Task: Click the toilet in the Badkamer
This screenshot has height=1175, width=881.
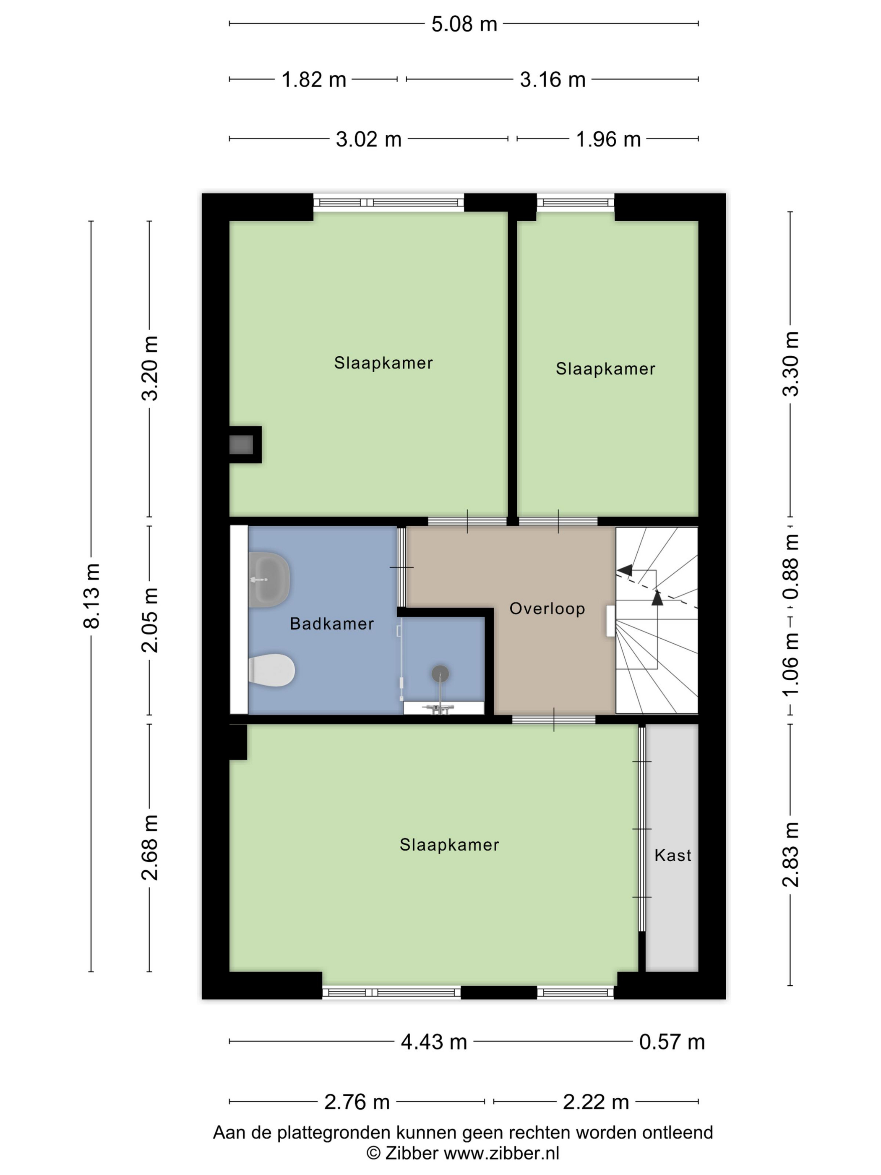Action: [272, 670]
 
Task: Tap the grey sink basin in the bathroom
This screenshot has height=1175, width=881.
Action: [270, 580]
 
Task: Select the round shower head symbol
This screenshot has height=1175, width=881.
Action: [440, 674]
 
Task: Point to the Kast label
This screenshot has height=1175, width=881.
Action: [673, 855]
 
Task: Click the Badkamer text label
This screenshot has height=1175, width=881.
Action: [332, 624]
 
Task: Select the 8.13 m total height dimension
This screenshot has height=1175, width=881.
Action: [91, 595]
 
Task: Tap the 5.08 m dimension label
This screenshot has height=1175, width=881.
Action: [464, 24]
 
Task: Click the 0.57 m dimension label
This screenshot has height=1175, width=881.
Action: [672, 1042]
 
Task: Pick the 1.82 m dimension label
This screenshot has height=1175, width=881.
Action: [314, 80]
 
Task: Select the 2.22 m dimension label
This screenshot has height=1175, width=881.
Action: [596, 1102]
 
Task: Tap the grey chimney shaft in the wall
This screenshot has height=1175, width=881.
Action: [241, 444]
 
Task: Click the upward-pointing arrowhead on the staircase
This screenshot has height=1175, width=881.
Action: [657, 598]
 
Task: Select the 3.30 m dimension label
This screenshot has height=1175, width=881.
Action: [791, 364]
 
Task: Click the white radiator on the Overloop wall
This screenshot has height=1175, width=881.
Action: [611, 621]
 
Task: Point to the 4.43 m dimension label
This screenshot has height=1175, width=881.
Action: [434, 1042]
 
